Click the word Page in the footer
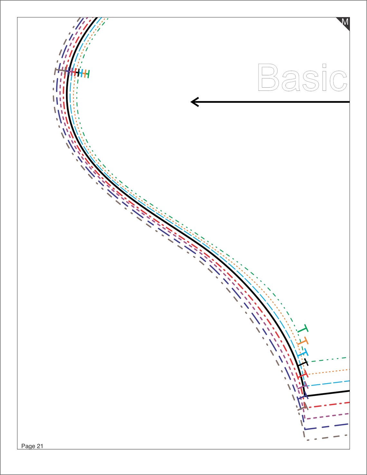[28, 446]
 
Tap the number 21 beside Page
[40, 446]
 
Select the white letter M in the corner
[345, 22]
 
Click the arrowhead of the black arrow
[195, 102]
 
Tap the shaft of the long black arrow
[270, 102]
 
